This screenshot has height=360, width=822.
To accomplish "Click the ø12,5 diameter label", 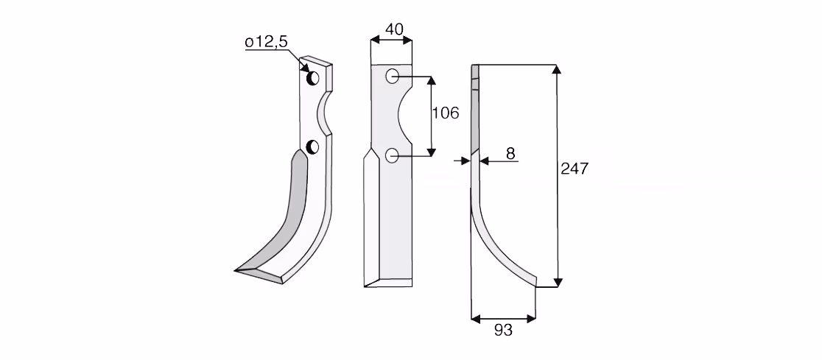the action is pyautogui.click(x=267, y=43).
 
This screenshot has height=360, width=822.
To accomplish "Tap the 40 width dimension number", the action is pyautogui.click(x=394, y=29).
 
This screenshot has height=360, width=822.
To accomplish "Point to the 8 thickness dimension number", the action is pyautogui.click(x=510, y=154).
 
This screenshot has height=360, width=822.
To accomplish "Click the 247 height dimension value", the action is pyautogui.click(x=575, y=169).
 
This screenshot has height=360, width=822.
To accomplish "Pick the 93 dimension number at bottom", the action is pyautogui.click(x=503, y=330).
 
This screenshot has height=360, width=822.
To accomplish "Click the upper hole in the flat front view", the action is pyautogui.click(x=392, y=77).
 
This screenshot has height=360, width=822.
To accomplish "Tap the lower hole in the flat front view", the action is pyautogui.click(x=392, y=155).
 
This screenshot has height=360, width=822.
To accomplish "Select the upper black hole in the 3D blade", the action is pyautogui.click(x=313, y=79).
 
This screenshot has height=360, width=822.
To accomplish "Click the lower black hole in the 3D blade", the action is pyautogui.click(x=312, y=147).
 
